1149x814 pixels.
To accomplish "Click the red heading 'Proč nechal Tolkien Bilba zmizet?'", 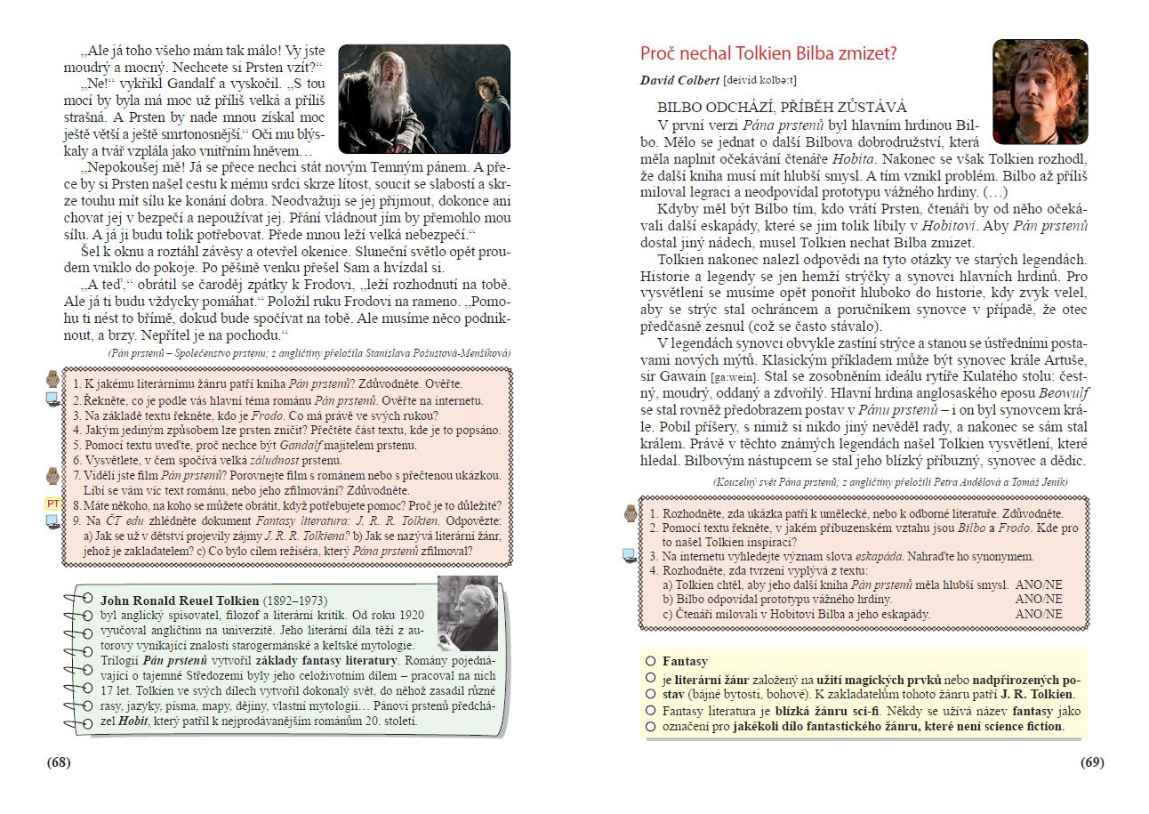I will (768, 53).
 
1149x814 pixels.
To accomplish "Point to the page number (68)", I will (59, 762).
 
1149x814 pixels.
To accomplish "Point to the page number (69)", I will (1092, 762).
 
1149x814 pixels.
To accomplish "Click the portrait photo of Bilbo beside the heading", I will (1040, 92).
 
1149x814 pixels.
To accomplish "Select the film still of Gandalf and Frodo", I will (424, 99).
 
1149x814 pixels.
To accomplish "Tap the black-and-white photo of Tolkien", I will (468, 613).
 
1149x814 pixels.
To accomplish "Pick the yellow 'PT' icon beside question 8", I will (52, 504).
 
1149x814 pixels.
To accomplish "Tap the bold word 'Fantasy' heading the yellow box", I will (685, 661).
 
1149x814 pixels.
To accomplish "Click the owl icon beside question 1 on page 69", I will (631, 513).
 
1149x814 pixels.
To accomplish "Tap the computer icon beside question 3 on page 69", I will (630, 555).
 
